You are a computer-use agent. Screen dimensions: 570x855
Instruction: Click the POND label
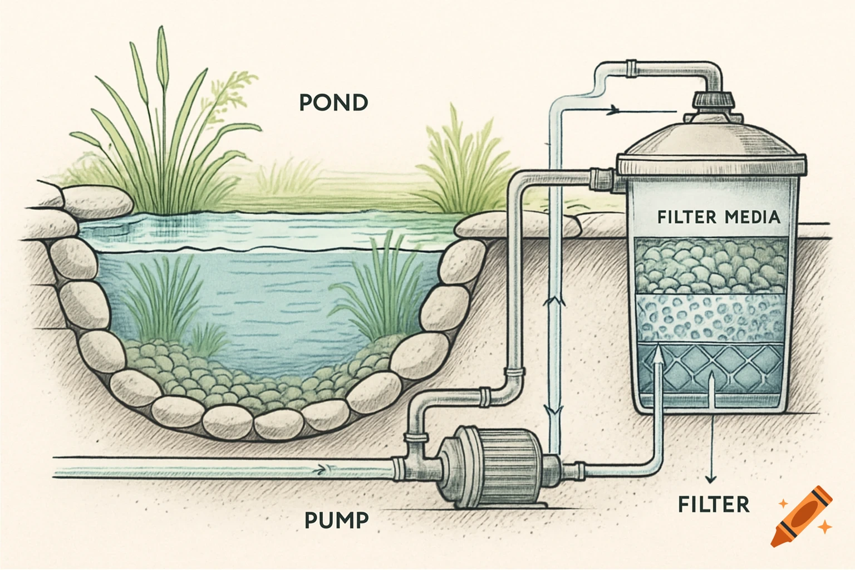[333, 103]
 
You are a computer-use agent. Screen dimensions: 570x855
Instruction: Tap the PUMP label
[337, 520]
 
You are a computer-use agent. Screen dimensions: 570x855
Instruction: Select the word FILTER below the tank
[714, 504]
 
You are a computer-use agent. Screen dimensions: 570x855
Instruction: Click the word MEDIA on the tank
[753, 217]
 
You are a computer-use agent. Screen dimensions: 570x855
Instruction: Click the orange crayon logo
[802, 517]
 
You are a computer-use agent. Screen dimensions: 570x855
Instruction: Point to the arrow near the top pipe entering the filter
[614, 109]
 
